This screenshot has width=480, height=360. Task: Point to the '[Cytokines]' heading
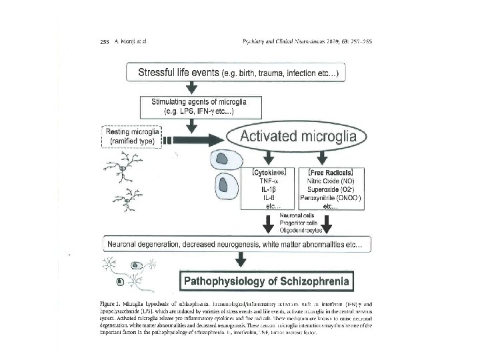pyautogui.click(x=269, y=171)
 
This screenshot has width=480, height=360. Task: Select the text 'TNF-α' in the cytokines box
pyautogui.click(x=269, y=180)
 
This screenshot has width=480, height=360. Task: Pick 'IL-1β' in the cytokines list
pyautogui.click(x=269, y=189)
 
